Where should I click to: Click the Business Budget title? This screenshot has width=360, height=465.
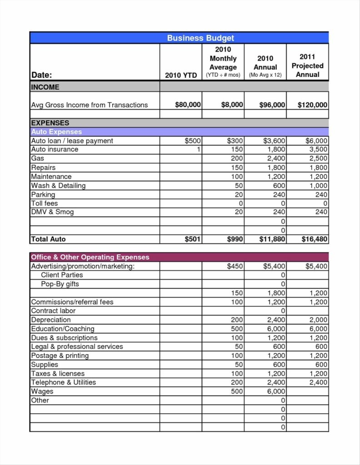pyautogui.click(x=200, y=38)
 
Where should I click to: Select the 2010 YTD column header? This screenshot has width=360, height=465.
pyautogui.click(x=181, y=75)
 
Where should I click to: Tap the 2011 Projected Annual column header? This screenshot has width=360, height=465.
pyautogui.click(x=307, y=65)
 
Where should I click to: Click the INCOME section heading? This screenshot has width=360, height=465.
pyautogui.click(x=45, y=87)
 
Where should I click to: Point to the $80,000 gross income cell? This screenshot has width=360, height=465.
pyautogui.click(x=188, y=105)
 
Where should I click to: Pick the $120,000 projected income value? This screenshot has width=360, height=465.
pyautogui.click(x=312, y=105)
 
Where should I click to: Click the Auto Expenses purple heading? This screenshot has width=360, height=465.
pyautogui.click(x=56, y=132)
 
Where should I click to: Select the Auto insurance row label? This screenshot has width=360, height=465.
pyautogui.click(x=55, y=149)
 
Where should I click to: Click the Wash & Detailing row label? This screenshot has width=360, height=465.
pyautogui.click(x=58, y=185)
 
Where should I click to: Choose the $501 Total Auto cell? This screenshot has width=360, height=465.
pyautogui.click(x=193, y=239)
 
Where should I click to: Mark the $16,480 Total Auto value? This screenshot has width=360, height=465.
pyautogui.click(x=314, y=239)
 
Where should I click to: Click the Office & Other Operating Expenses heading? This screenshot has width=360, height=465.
pyautogui.click(x=90, y=257)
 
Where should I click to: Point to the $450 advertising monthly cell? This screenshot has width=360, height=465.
pyautogui.click(x=235, y=266)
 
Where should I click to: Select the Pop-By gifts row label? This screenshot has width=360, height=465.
pyautogui.click(x=60, y=284)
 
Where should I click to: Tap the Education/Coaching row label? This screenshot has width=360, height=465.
pyautogui.click(x=63, y=329)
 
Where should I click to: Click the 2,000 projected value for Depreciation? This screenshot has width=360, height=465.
pyautogui.click(x=318, y=320)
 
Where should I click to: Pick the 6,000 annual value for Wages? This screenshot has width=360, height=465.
pyautogui.click(x=276, y=391)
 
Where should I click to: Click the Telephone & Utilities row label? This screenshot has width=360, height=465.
pyautogui.click(x=63, y=382)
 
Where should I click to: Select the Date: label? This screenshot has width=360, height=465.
pyautogui.click(x=41, y=75)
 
